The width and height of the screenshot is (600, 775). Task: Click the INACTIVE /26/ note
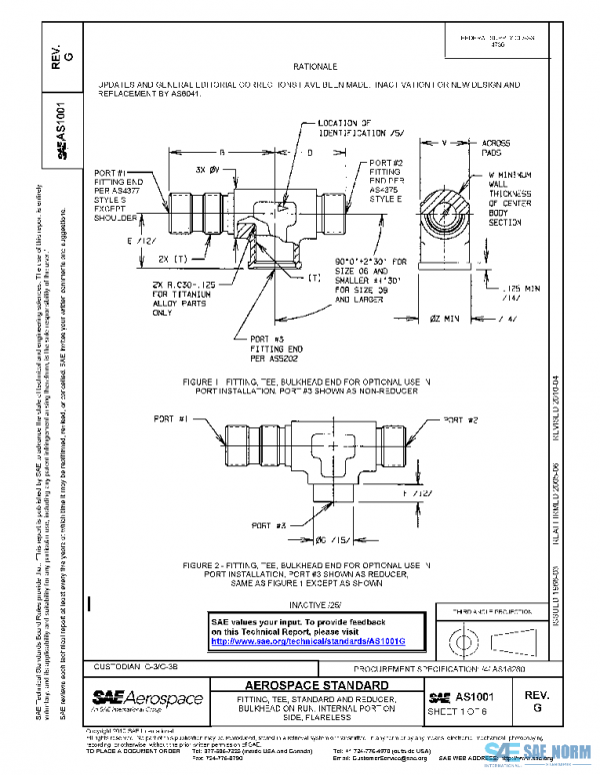point(316,604)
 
